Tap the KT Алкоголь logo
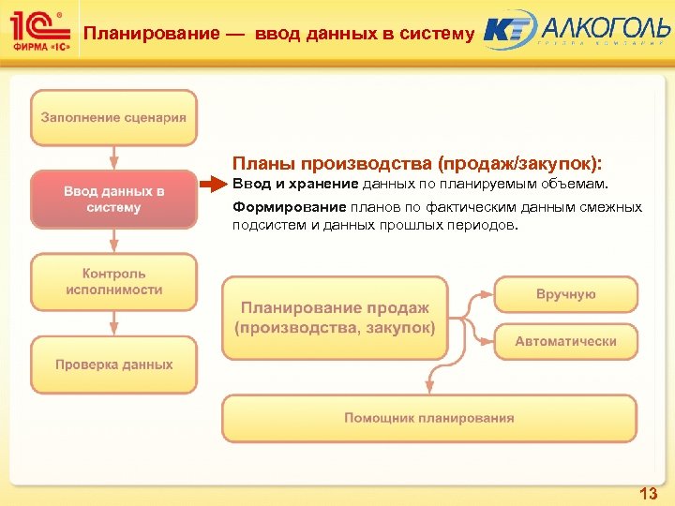[x=576, y=30]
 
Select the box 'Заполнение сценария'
[x=113, y=118]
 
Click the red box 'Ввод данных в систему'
[x=113, y=200]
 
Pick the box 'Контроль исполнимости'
[x=113, y=282]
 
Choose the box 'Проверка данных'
[x=113, y=365]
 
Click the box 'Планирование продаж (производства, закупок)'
[x=335, y=318]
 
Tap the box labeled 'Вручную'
[x=565, y=294]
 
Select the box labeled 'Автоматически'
[x=565, y=341]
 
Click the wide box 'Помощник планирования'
[x=428, y=418]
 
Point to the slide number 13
[x=647, y=493]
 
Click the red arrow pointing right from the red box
[x=213, y=183]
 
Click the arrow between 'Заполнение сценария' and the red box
[x=113, y=156]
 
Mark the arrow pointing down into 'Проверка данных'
[x=113, y=323]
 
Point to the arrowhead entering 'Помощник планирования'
[x=428, y=386]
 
